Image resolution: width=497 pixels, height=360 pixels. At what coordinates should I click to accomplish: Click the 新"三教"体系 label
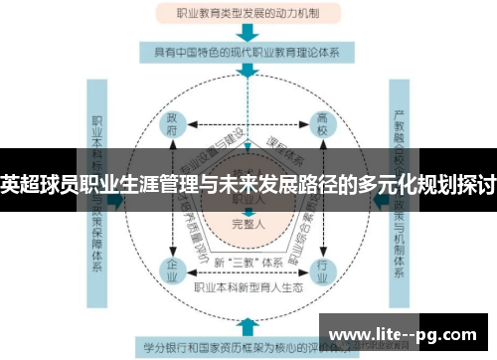tap(248, 261)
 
